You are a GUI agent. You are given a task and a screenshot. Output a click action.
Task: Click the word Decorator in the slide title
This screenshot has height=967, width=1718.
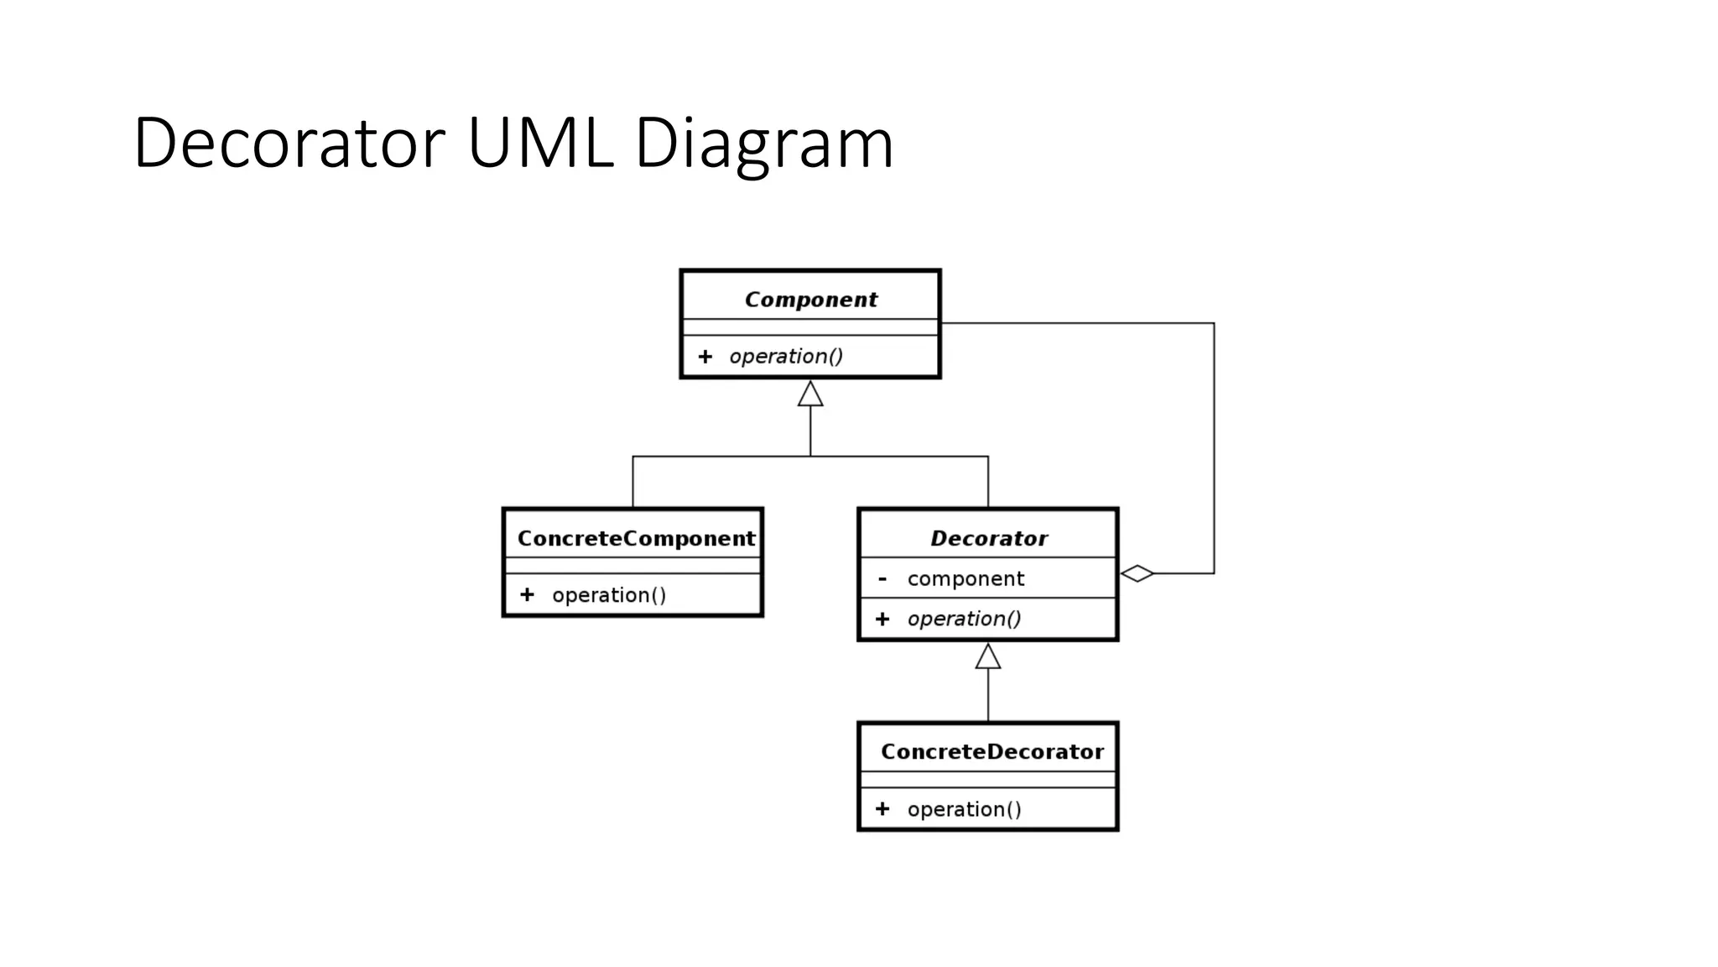[x=289, y=143]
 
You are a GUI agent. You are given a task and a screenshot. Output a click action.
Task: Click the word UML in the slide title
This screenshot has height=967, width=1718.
[x=539, y=143]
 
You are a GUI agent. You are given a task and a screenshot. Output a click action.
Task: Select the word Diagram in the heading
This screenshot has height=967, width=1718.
[x=763, y=144]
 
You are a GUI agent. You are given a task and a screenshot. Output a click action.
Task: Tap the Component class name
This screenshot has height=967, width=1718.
[x=810, y=300]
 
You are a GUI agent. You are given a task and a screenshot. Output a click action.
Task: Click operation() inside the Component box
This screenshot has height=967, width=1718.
[x=786, y=357]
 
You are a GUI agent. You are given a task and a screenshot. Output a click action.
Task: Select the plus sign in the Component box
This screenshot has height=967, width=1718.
[x=705, y=357]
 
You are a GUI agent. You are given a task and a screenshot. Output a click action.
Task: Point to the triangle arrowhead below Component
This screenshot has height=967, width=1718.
[x=810, y=394]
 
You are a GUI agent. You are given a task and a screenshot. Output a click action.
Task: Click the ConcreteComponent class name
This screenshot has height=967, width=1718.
[x=636, y=538]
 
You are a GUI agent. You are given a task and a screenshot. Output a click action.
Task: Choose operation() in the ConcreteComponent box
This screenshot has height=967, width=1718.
[x=609, y=595]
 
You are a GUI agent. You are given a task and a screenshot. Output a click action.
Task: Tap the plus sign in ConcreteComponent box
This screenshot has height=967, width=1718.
[x=527, y=595]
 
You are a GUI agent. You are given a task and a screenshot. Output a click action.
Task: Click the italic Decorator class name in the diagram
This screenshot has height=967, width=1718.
[x=989, y=538]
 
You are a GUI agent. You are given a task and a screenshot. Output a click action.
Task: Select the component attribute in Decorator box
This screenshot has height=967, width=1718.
[x=966, y=578]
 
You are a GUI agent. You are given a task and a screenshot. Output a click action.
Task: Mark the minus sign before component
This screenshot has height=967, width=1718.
[x=882, y=578]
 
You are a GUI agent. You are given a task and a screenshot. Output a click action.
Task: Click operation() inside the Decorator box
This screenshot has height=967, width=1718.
[x=964, y=619]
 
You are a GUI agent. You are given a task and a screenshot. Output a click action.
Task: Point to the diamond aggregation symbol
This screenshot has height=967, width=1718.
[x=1138, y=573]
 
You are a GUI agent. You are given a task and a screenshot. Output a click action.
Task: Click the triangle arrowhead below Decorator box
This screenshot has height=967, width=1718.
[x=988, y=656]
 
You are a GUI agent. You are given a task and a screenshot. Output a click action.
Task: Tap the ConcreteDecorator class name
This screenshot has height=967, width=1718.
[x=992, y=751]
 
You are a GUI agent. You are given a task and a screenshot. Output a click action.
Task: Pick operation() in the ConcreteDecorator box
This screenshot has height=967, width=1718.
[x=964, y=809]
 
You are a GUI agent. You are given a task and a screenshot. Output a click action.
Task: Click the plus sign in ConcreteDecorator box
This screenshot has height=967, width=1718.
[x=882, y=809]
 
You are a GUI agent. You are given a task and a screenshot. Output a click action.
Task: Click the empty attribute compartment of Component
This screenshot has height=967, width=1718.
[x=810, y=327]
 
